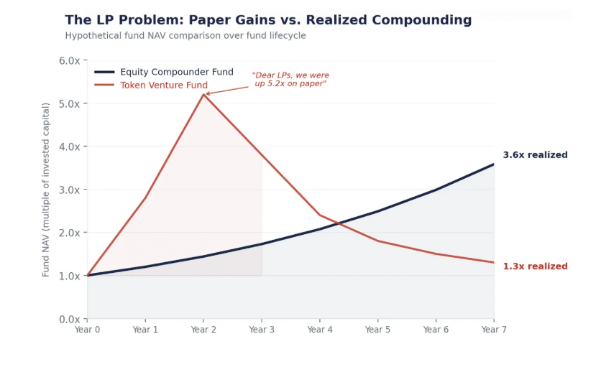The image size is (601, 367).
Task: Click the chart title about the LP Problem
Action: pos(268,20)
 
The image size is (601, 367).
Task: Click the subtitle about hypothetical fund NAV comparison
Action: pos(185,35)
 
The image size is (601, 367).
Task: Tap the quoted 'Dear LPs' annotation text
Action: pos(290,80)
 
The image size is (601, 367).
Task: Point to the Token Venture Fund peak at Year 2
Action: pos(203,95)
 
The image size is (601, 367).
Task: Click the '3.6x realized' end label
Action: pos(535,155)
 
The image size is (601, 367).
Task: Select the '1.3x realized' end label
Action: pos(535,266)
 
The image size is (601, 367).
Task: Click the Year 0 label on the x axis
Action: pos(87,330)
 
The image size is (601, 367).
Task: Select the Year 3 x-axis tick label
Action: pos(262,330)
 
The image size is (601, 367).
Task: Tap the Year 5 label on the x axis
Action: pos(377,330)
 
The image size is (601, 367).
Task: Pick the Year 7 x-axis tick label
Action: pos(494,330)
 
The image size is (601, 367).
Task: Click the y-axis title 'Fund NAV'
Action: pos(46,190)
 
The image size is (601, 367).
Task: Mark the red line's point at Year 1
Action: pos(145,198)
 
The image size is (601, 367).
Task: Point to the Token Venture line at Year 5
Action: pos(377,241)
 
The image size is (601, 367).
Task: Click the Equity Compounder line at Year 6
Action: pos(436,190)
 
